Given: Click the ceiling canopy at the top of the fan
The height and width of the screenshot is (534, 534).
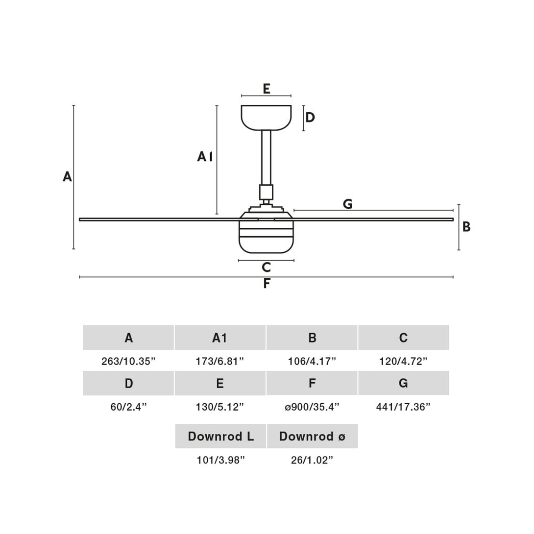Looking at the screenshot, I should pyautogui.click(x=266, y=118).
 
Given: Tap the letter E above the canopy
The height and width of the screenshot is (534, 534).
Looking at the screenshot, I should pyautogui.click(x=266, y=89).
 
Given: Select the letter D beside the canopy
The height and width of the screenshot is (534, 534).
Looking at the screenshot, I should pyautogui.click(x=310, y=118).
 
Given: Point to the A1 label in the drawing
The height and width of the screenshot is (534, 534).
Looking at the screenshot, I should pyautogui.click(x=205, y=157).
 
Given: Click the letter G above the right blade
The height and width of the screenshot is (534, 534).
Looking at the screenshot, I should pyautogui.click(x=347, y=204).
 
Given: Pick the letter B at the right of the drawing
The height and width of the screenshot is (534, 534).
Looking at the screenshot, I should pyautogui.click(x=466, y=227).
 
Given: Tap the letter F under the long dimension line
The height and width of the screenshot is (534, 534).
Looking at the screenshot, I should pyautogui.click(x=266, y=284).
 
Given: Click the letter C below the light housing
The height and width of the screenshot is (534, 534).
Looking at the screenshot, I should pyautogui.click(x=266, y=267).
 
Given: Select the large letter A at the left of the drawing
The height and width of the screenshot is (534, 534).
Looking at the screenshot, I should pyautogui.click(x=67, y=176).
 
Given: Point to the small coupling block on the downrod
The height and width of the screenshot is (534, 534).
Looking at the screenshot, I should pyautogui.click(x=266, y=192).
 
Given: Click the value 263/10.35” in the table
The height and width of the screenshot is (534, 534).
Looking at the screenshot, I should pyautogui.click(x=128, y=362).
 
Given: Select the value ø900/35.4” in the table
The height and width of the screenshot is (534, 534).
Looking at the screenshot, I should pyautogui.click(x=312, y=407).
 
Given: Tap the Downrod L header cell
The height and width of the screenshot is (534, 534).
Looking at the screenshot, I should pyautogui.click(x=220, y=436).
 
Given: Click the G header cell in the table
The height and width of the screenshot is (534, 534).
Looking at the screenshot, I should pyautogui.click(x=403, y=383).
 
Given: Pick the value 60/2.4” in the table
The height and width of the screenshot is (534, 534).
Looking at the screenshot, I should pyautogui.click(x=128, y=407).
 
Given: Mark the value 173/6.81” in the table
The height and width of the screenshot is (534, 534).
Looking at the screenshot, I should pyautogui.click(x=220, y=362).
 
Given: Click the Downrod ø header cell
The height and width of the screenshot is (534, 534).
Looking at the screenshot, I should pyautogui.click(x=312, y=436).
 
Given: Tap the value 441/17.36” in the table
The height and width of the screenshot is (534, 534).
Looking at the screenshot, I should pyautogui.click(x=403, y=407).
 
